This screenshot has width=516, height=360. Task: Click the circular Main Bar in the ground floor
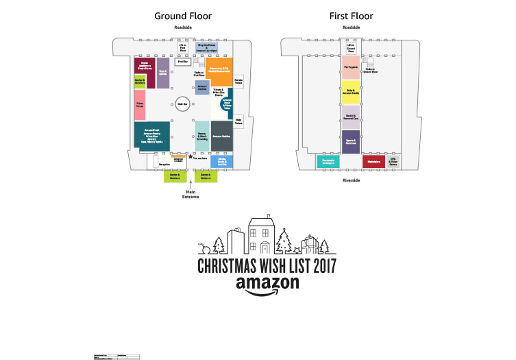tap(182, 105)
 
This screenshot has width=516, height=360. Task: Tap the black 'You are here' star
tap(190, 157)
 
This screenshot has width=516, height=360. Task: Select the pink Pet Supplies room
tap(351, 67)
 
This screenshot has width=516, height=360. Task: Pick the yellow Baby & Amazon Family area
tap(351, 92)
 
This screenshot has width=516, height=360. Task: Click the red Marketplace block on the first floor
tap(374, 162)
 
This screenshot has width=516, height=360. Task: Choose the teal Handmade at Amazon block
tap(328, 162)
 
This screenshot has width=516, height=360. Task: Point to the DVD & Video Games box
tap(393, 162)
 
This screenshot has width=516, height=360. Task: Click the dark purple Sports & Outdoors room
tap(351, 141)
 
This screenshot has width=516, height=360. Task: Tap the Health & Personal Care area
tap(351, 117)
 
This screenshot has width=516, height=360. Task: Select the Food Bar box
tap(182, 62)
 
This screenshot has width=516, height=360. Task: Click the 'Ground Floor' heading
tap(182, 16)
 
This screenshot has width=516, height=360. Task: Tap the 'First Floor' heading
tap(351, 16)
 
